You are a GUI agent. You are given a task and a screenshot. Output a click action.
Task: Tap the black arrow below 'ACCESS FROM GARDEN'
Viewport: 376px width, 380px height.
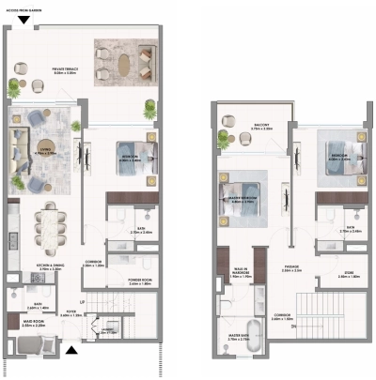click(23, 19)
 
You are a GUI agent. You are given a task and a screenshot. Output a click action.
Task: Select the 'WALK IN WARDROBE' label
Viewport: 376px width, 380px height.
click(243, 273)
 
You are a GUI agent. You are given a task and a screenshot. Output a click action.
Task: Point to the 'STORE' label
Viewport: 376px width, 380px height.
click(347, 273)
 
